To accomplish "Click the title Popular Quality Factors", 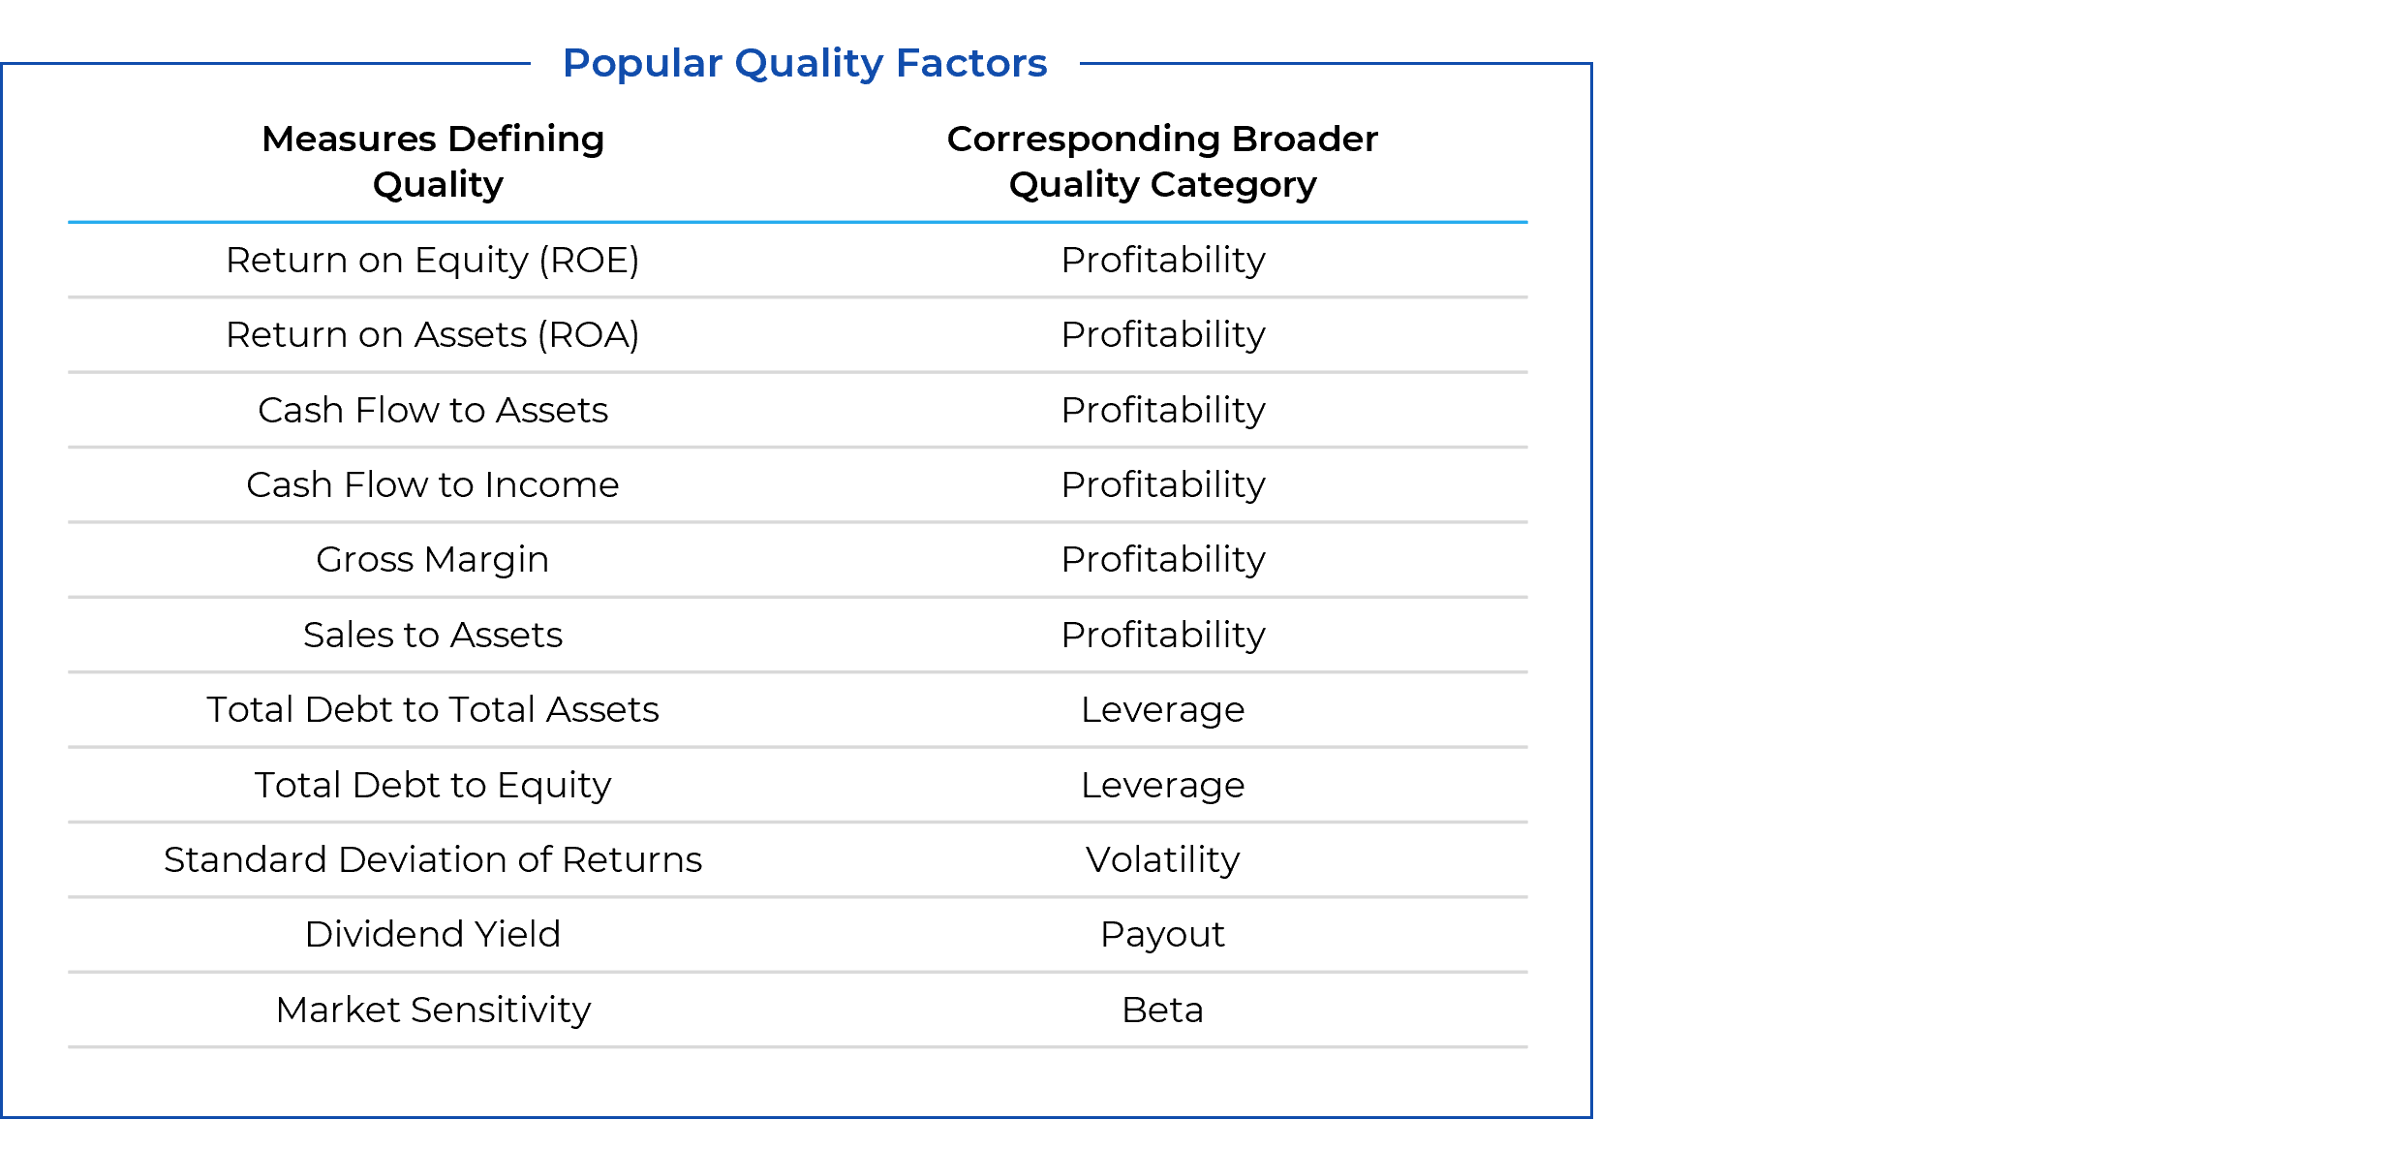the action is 805,64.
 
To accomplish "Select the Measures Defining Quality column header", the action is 433,161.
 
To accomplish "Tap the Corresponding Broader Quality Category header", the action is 1162,161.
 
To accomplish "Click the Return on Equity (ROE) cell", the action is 433,261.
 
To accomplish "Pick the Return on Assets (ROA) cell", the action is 433,335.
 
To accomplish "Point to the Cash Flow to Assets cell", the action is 433,410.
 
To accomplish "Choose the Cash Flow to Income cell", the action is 433,484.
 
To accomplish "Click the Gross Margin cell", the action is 433,560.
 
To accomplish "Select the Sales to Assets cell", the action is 433,635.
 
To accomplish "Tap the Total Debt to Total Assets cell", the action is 433,709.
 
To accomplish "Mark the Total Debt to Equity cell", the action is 433,786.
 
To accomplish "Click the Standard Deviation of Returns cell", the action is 433,859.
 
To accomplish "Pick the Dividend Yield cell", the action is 433,934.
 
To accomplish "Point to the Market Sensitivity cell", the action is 433,1011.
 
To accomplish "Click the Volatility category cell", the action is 1163,860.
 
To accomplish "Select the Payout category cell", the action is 1163,935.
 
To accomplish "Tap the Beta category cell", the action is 1163,1010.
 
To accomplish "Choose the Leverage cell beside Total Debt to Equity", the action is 1163,786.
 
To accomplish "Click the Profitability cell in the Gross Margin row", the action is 1163,560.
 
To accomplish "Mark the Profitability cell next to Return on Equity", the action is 1163,261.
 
